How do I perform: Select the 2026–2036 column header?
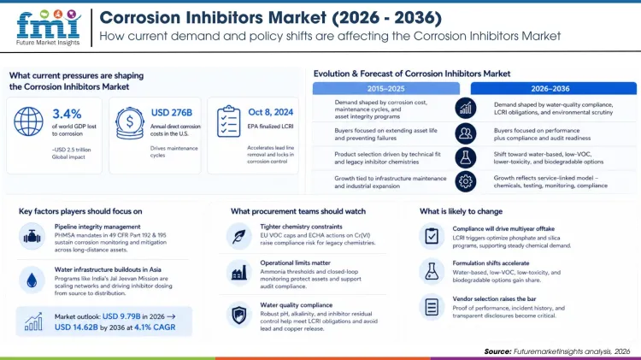(x=553, y=88)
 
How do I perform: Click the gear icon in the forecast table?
(x=466, y=180)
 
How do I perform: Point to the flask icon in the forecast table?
(x=466, y=156)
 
